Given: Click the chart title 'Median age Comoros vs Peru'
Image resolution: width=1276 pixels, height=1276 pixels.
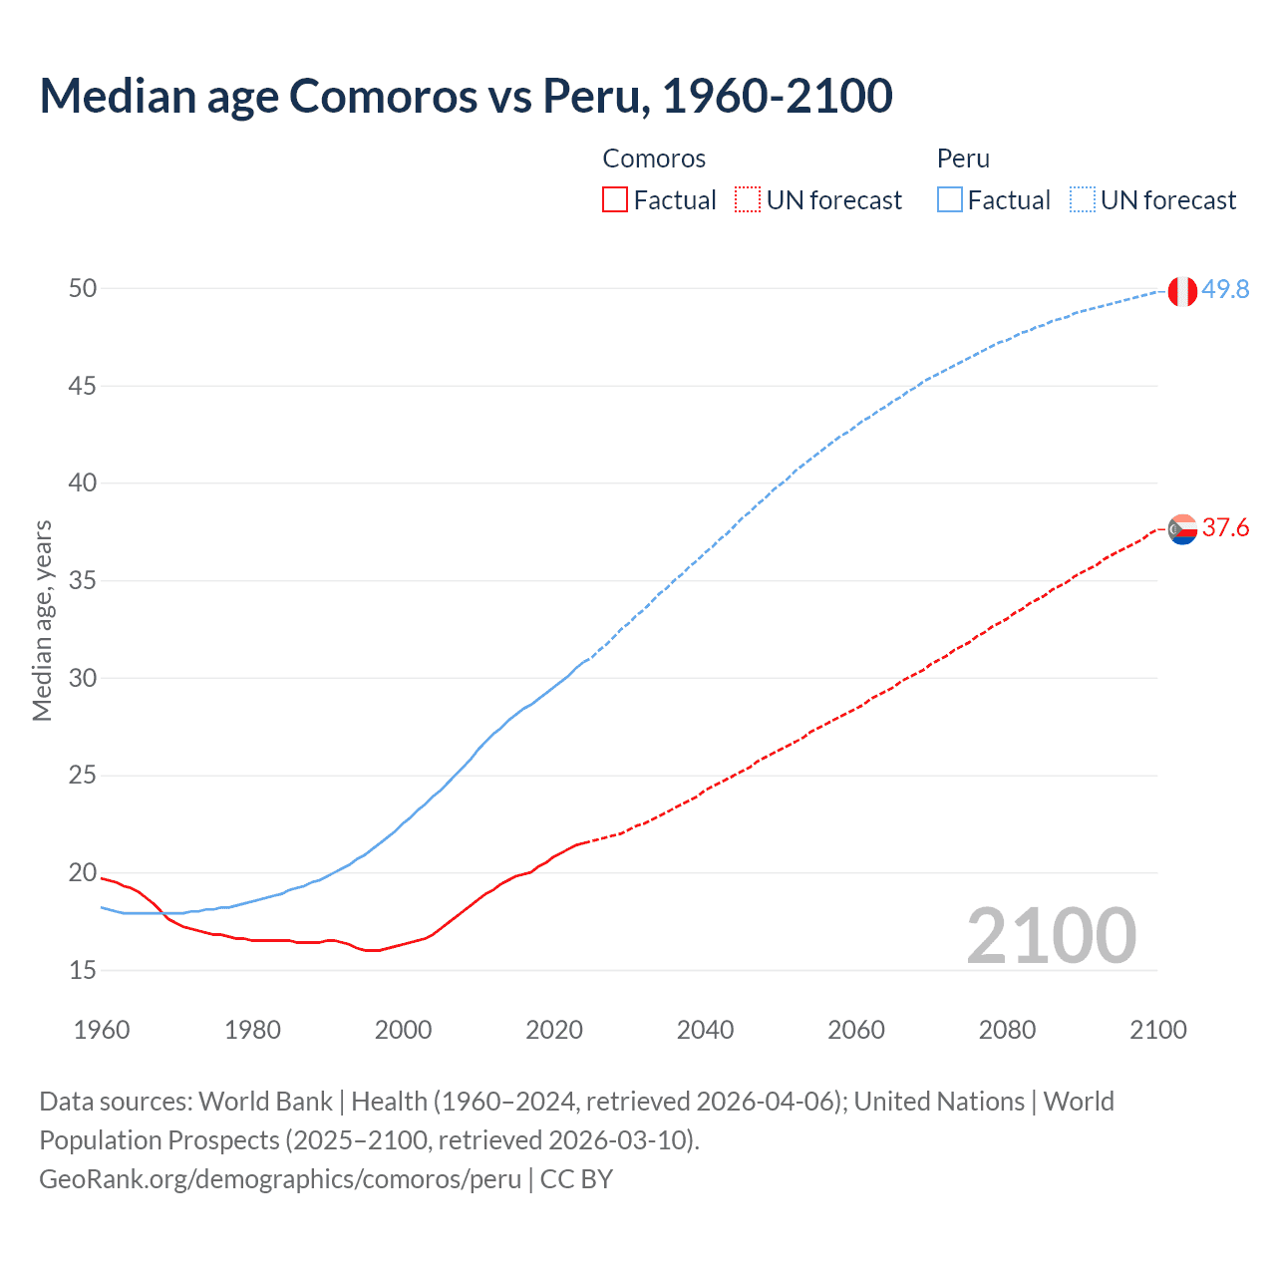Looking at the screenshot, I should tap(466, 96).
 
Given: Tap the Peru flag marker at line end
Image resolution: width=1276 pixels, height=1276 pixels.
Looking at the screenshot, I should tap(1182, 291).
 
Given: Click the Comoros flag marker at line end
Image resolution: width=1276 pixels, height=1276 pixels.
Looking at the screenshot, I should tap(1182, 529).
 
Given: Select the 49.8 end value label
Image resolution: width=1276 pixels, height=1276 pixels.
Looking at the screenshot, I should tap(1225, 289).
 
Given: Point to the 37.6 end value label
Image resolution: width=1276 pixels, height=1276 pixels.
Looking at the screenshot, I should tap(1225, 527).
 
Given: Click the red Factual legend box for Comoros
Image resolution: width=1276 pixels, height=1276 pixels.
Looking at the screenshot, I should tap(615, 200).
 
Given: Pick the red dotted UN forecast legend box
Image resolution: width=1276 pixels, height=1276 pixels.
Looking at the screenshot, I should tap(748, 200).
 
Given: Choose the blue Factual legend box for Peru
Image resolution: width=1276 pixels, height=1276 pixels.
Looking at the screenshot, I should tap(949, 200).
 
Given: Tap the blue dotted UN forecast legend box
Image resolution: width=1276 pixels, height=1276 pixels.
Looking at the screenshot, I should tap(1082, 200).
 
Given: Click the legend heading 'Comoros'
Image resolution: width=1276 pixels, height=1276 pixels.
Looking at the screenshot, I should tap(654, 159).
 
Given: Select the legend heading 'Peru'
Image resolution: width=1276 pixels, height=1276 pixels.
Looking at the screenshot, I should tap(963, 159).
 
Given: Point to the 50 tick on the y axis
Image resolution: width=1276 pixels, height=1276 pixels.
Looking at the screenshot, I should tap(83, 288).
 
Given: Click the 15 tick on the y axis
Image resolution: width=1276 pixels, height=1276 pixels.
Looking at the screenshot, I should tap(83, 970).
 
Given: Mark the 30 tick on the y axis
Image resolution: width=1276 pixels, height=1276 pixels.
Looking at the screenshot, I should tap(83, 678).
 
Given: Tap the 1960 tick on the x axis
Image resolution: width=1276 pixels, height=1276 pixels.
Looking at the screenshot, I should tap(102, 1030).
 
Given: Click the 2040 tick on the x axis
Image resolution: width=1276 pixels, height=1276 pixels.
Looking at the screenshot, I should tap(705, 1030).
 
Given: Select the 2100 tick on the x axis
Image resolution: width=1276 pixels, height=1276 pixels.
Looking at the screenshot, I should tap(1157, 1030).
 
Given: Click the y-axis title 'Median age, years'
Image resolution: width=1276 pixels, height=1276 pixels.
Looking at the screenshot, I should tap(42, 620).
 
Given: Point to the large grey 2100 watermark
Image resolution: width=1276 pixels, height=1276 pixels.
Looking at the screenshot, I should tap(1051, 935).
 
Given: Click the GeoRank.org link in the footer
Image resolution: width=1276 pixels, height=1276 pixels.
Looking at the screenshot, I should tap(280, 1179).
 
